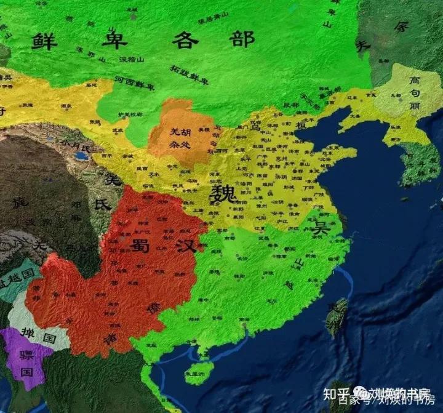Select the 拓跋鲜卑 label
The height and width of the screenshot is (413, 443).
pos(190,75)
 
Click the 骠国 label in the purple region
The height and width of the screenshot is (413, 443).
pos(26,364)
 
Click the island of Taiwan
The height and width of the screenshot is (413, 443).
pos(337,316)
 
